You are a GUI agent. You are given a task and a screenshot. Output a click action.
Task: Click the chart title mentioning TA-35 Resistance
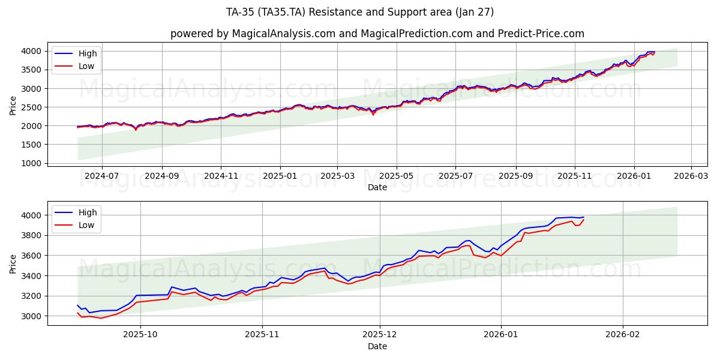[359, 12]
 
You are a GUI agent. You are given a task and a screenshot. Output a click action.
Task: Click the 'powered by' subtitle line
[377, 34]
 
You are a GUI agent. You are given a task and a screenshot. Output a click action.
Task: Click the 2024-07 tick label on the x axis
[101, 176]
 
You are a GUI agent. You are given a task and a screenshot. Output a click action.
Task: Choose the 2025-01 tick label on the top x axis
[280, 176]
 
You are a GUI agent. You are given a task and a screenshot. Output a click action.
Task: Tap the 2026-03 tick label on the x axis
[691, 176]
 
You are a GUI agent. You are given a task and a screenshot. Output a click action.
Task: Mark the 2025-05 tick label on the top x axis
[397, 176]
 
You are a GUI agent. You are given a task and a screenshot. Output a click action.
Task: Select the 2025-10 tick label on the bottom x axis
[140, 335]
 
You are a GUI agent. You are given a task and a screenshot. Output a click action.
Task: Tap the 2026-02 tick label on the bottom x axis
[623, 335]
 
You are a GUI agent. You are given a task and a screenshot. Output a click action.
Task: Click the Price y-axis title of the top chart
[13, 106]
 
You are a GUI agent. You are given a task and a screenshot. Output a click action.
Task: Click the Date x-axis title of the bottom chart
[377, 346]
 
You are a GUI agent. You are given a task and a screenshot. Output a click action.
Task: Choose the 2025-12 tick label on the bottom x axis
[380, 335]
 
